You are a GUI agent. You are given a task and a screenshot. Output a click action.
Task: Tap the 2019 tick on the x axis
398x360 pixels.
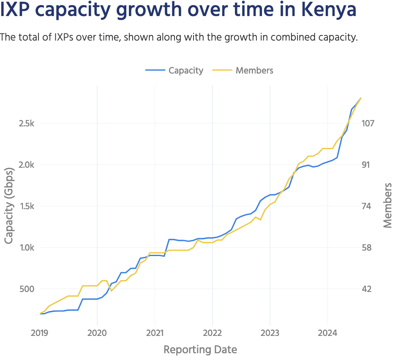[x=40, y=333]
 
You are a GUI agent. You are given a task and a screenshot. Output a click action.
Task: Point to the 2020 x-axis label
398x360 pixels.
[x=97, y=333]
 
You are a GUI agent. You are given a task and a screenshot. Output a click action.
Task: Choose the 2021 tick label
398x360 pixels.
[x=155, y=333]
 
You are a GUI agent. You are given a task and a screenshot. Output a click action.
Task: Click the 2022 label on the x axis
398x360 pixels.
[x=212, y=333]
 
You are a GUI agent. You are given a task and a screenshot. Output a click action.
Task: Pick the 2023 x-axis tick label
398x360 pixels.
[x=270, y=333]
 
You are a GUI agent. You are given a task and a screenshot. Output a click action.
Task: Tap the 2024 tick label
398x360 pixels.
[x=327, y=333]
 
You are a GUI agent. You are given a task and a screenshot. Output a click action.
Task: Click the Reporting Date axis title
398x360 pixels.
[x=200, y=350]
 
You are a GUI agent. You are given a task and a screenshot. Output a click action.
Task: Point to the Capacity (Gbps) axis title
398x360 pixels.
[x=9, y=206]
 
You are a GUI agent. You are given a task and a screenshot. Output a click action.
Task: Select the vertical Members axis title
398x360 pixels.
[x=387, y=206]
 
